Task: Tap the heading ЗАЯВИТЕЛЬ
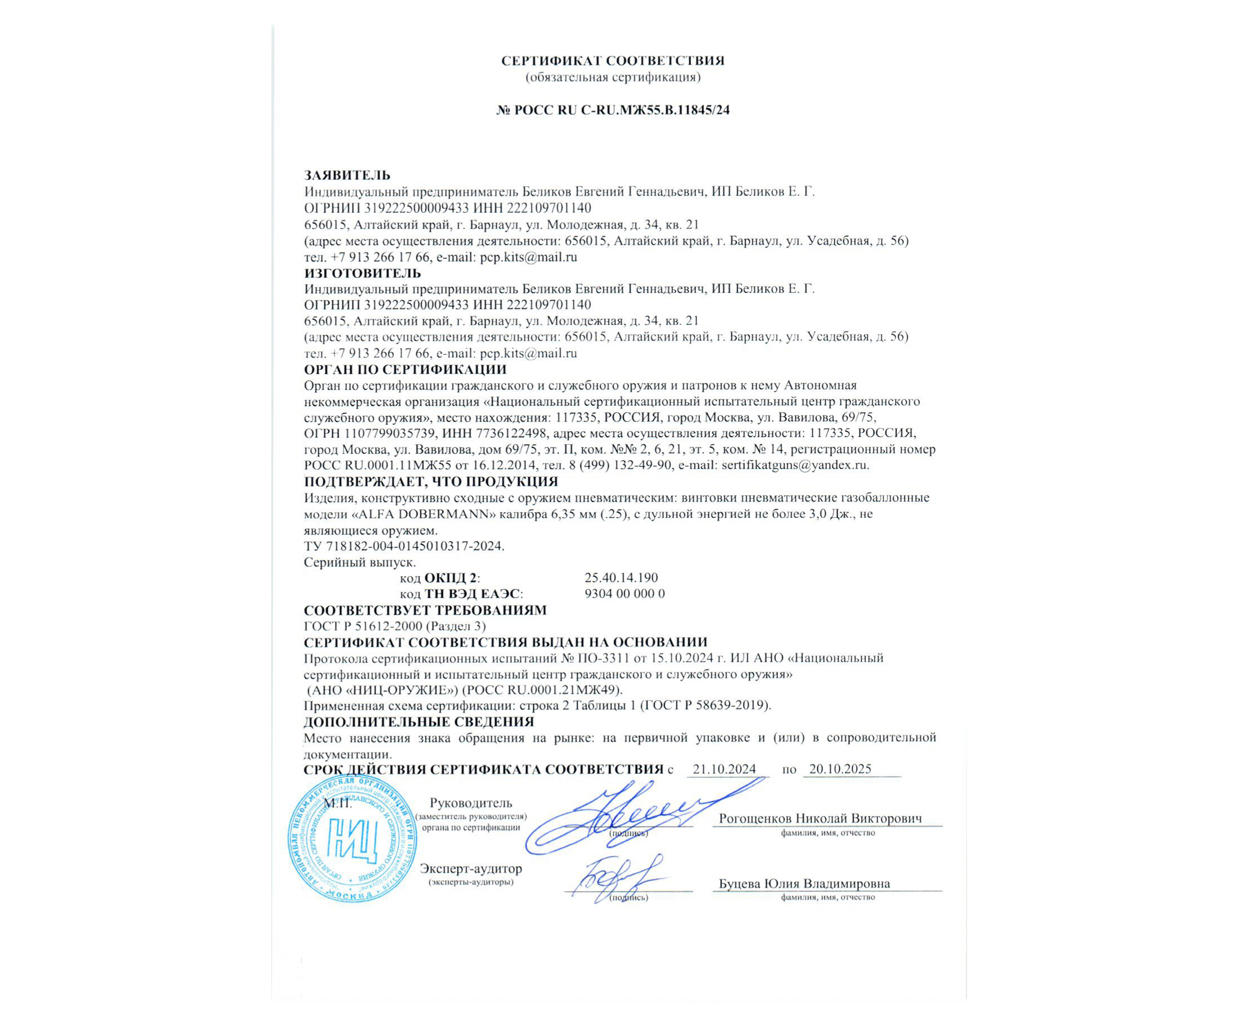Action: [347, 175]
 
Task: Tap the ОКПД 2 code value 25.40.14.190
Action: [621, 578]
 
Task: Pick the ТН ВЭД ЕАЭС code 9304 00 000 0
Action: [624, 593]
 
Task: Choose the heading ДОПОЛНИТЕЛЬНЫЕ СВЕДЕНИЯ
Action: [418, 722]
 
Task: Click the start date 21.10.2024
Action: [724, 769]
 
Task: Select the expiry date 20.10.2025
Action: [840, 769]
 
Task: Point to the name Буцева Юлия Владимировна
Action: [804, 884]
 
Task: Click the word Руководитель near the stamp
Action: [471, 803]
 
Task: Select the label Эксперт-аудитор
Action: [471, 869]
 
